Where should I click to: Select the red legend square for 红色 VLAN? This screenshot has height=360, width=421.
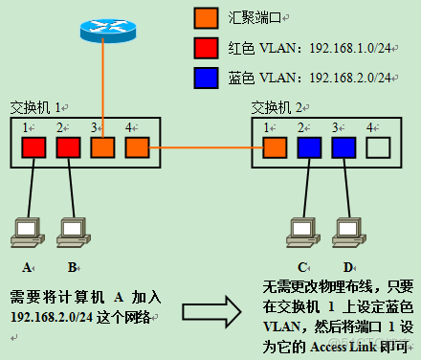(x=207, y=47)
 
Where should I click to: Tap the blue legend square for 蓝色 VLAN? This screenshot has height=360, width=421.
(x=207, y=76)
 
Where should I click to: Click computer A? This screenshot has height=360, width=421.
(x=27, y=231)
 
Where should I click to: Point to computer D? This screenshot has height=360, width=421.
(x=345, y=231)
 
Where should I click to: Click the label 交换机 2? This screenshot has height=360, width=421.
(x=277, y=105)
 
